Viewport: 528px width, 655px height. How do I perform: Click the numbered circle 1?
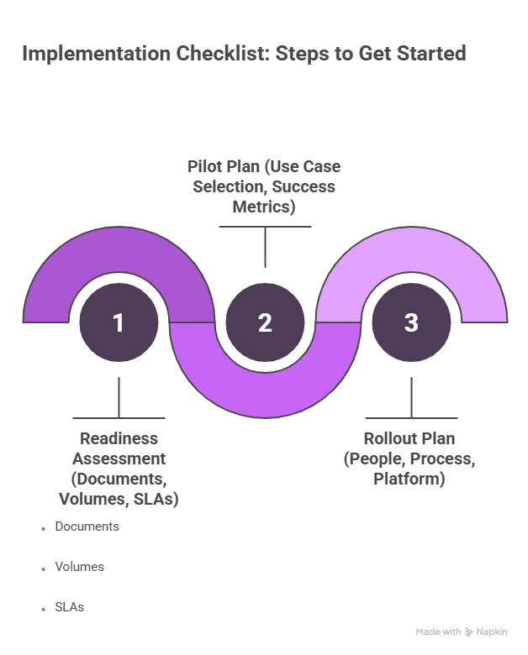click(x=119, y=322)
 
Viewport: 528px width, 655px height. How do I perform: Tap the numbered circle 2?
click(x=265, y=322)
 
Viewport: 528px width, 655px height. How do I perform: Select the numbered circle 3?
click(x=411, y=322)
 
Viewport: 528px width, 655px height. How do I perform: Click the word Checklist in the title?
click(x=222, y=55)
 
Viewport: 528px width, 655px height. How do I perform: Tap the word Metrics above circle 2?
click(x=265, y=205)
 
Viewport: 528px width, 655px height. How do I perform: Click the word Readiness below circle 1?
click(x=119, y=438)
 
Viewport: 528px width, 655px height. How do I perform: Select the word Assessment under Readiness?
click(x=119, y=458)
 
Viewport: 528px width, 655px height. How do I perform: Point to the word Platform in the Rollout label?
click(x=409, y=479)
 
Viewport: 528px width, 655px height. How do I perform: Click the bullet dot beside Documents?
click(x=43, y=529)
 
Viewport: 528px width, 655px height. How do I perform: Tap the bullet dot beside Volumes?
click(x=43, y=569)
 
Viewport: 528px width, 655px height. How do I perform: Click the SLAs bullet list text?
click(x=69, y=606)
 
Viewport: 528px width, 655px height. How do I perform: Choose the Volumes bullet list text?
click(x=79, y=567)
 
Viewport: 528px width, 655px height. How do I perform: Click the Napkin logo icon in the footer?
click(x=469, y=631)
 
